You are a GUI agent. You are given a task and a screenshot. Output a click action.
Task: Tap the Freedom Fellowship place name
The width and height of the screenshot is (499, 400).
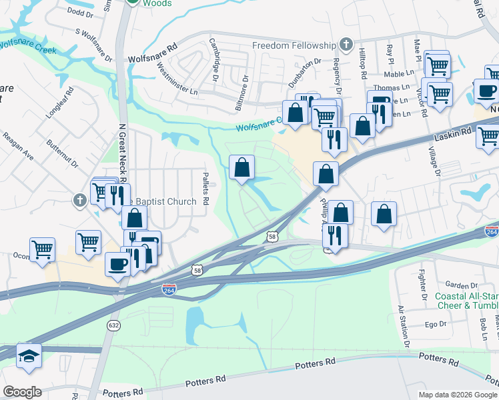coord(294,45)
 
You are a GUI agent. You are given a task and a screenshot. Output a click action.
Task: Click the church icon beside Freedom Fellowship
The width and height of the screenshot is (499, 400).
coord(346,45)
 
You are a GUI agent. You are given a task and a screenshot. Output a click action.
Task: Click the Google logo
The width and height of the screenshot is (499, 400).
coord(22,391)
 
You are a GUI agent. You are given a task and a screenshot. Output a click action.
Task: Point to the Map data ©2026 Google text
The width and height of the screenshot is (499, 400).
coord(458,395)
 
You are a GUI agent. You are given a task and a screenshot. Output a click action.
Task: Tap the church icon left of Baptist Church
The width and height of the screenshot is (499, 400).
coord(79,199)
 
